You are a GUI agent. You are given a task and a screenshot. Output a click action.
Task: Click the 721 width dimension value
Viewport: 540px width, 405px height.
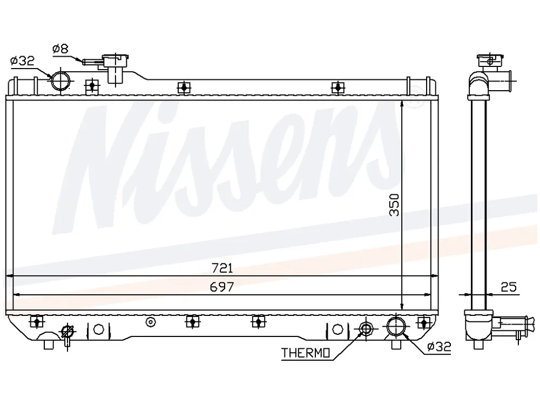[222, 268]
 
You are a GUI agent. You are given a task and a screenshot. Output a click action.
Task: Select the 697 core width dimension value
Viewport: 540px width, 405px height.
[222, 287]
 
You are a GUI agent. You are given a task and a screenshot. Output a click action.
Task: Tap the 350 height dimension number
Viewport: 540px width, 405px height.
[394, 205]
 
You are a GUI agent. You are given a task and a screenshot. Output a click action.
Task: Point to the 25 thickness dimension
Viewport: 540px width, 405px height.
[509, 287]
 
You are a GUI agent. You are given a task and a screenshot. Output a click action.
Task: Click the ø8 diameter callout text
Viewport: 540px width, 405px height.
[60, 49]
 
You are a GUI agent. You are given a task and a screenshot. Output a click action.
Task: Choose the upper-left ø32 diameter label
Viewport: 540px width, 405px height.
[22, 62]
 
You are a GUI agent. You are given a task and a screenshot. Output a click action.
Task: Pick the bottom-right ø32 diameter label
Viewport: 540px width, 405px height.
[438, 346]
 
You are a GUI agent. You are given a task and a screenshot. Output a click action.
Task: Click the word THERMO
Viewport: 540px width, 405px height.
[306, 353]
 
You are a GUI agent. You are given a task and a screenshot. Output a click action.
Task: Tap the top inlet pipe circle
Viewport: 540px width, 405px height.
[60, 82]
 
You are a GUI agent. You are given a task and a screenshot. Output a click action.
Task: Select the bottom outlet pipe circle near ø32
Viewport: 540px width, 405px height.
[396, 326]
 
